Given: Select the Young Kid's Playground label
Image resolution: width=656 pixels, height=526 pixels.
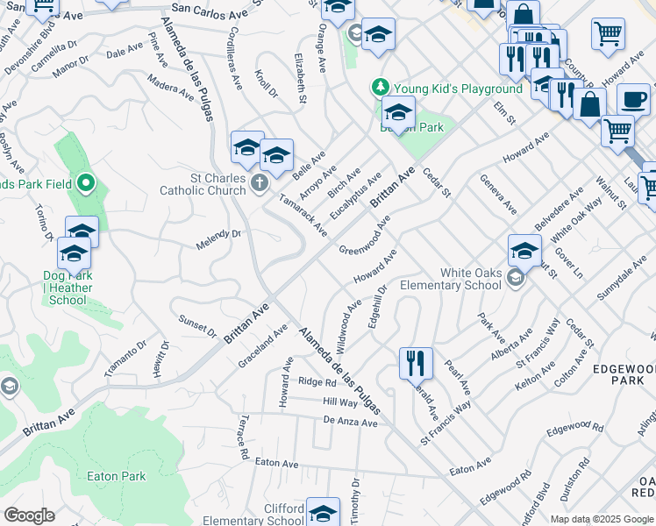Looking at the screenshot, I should pyautogui.click(x=458, y=89).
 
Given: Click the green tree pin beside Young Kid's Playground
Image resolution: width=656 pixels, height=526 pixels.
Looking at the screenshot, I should pyautogui.click(x=380, y=87).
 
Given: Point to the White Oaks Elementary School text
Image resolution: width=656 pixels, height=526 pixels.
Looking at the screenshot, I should pyautogui.click(x=451, y=279).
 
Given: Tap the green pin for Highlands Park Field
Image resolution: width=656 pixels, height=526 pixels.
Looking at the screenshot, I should pyautogui.click(x=85, y=183).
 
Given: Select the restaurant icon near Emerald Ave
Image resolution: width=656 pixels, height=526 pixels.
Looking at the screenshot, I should pyautogui.click(x=415, y=362).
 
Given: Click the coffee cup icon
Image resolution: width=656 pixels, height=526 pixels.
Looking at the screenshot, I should pyautogui.click(x=633, y=99).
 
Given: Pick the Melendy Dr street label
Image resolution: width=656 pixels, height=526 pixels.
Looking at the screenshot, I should pyautogui.click(x=218, y=234).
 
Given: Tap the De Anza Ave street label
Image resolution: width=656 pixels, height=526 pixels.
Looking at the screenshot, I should pyautogui.click(x=350, y=423).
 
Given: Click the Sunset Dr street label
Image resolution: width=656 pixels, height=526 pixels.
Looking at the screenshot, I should pyautogui.click(x=197, y=326).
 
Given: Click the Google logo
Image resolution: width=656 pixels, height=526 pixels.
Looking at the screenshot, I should pyautogui.click(x=29, y=515).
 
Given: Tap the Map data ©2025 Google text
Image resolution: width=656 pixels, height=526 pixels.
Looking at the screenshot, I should pyautogui.click(x=602, y=519).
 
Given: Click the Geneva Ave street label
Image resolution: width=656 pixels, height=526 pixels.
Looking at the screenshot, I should pyautogui.click(x=498, y=193).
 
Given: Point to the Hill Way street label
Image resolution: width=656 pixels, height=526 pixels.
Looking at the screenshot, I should pyautogui.click(x=340, y=402).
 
